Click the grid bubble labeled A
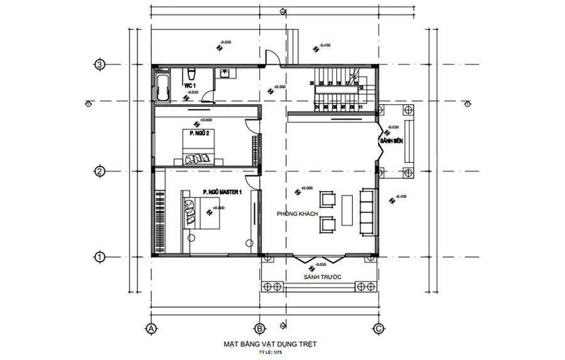pyautogui.click(x=151, y=328)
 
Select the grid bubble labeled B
pyautogui.click(x=259, y=328)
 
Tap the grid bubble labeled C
pyautogui.click(x=379, y=328)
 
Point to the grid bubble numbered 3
pyautogui.click(x=99, y=64)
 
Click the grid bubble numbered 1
pyautogui.click(x=99, y=256)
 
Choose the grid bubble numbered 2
pyautogui.click(x=99, y=171)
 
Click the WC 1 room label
pyautogui.click(x=190, y=85)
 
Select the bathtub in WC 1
pyautogui.click(x=163, y=88)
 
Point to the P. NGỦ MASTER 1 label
pyautogui.click(x=222, y=192)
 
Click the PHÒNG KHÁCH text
pyautogui.click(x=297, y=215)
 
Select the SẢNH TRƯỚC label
pyautogui.click(x=320, y=276)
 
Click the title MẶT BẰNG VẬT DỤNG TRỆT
pyautogui.click(x=271, y=344)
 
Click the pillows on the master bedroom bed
pyautogui.click(x=189, y=211)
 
